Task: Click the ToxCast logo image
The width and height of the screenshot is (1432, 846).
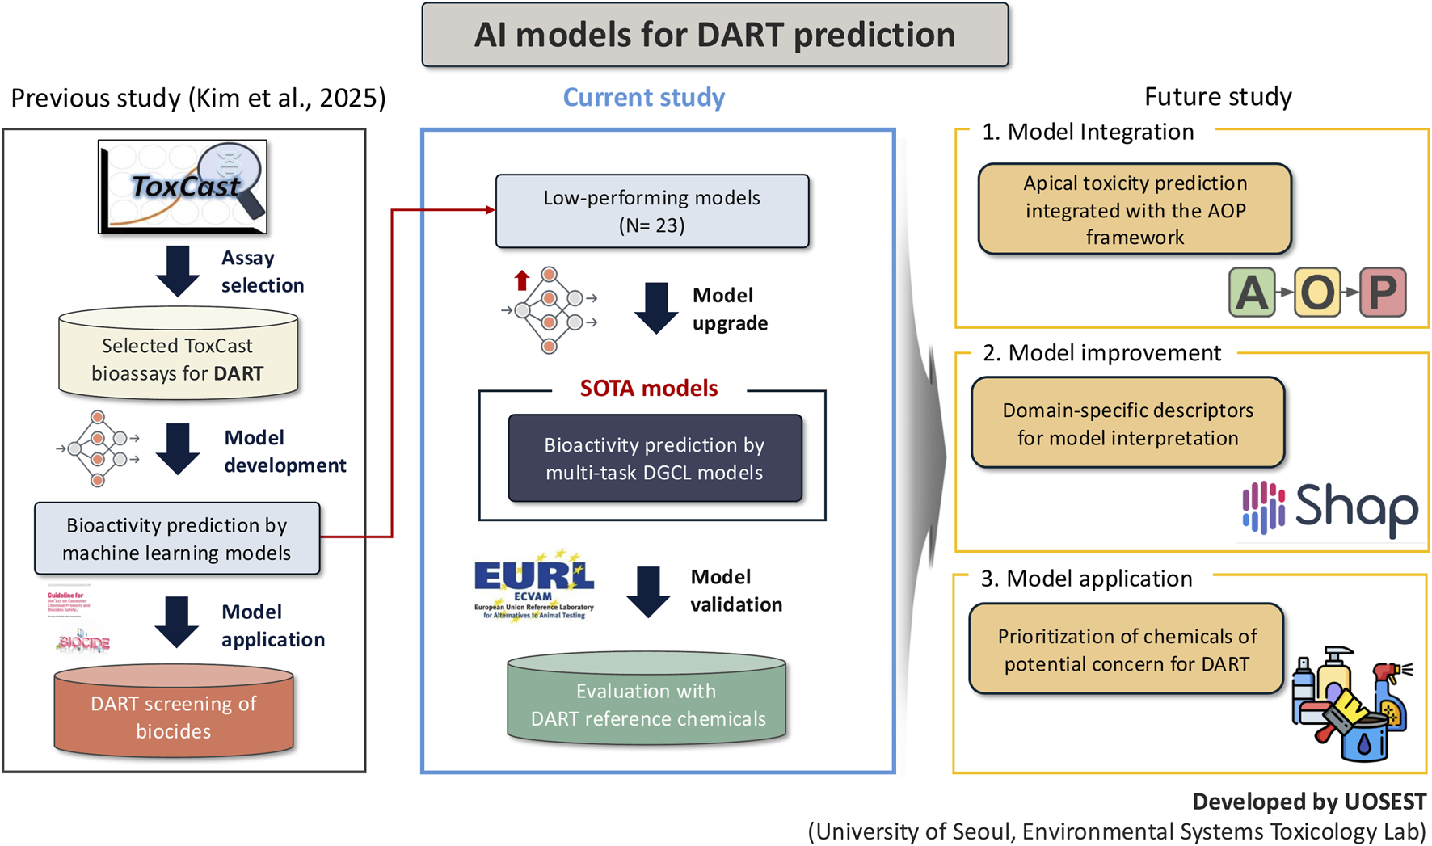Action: click(x=183, y=187)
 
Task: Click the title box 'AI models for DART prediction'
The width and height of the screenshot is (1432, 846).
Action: click(x=714, y=35)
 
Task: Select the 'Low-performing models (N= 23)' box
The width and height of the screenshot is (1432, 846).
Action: click(x=651, y=211)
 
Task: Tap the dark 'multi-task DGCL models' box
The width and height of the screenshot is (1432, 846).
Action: click(x=655, y=458)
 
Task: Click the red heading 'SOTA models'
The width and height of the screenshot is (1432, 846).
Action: click(x=648, y=389)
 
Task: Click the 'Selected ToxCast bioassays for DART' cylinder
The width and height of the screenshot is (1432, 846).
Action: click(x=178, y=356)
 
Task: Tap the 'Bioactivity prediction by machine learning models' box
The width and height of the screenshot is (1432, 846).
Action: click(x=177, y=539)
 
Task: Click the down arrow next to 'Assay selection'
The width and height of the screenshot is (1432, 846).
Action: click(x=178, y=271)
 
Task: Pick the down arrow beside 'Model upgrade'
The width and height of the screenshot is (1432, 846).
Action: click(x=655, y=308)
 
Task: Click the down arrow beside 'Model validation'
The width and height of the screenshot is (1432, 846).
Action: click(x=648, y=591)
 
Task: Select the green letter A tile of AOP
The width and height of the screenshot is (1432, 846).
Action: click(x=1251, y=293)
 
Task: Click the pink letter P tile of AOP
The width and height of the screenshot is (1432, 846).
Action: click(x=1382, y=293)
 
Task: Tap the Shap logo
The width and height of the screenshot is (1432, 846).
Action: click(x=1329, y=508)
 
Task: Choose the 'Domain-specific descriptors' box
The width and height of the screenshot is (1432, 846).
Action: click(x=1127, y=423)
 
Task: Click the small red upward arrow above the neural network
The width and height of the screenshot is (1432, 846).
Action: click(x=522, y=280)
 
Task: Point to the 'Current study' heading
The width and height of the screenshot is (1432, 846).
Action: click(x=643, y=98)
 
